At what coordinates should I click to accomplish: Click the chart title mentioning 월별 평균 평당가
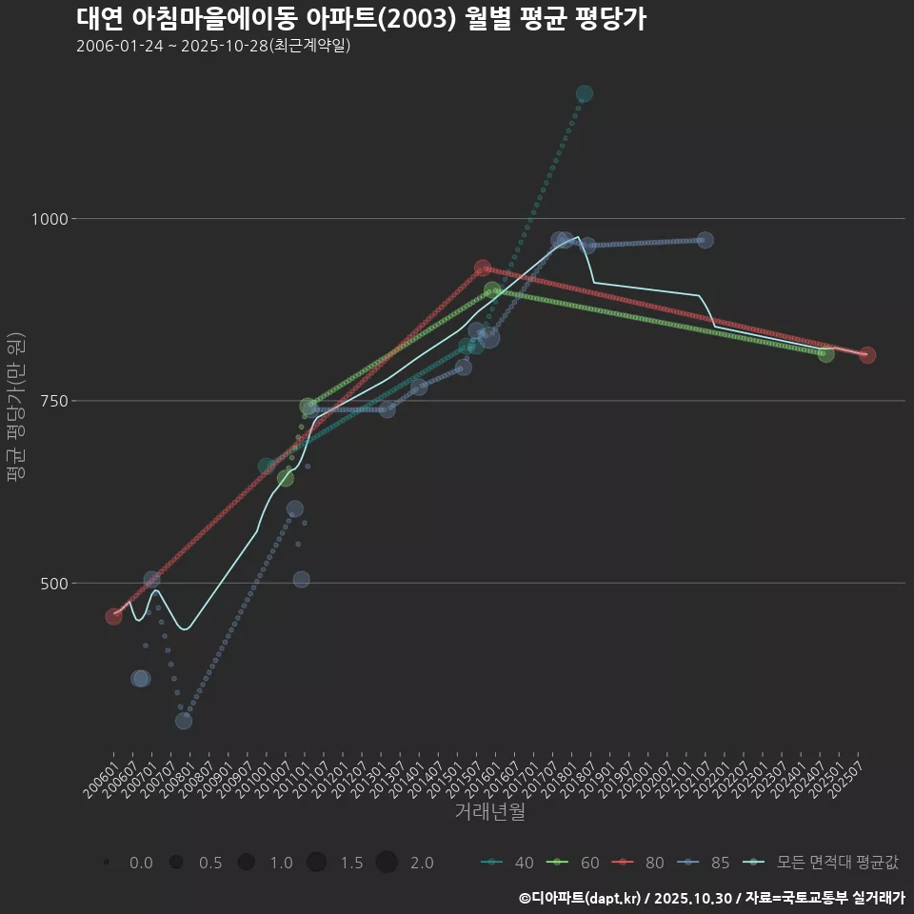click(x=361, y=19)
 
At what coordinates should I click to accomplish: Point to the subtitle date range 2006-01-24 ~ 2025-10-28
click(x=213, y=46)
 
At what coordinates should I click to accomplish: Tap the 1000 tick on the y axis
click(x=47, y=219)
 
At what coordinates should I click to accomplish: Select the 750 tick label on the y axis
click(x=51, y=401)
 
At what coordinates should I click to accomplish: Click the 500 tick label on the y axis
click(x=51, y=583)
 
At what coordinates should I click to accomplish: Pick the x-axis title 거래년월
click(x=489, y=811)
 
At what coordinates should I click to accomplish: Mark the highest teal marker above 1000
click(x=585, y=93)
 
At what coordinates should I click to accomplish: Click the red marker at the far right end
click(x=866, y=355)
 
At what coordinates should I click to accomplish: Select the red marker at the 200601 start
click(x=113, y=617)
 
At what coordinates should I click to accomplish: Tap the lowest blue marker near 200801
click(x=184, y=721)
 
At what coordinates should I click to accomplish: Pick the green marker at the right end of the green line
click(x=825, y=354)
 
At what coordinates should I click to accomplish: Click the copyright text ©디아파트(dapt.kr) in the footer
click(x=581, y=898)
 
